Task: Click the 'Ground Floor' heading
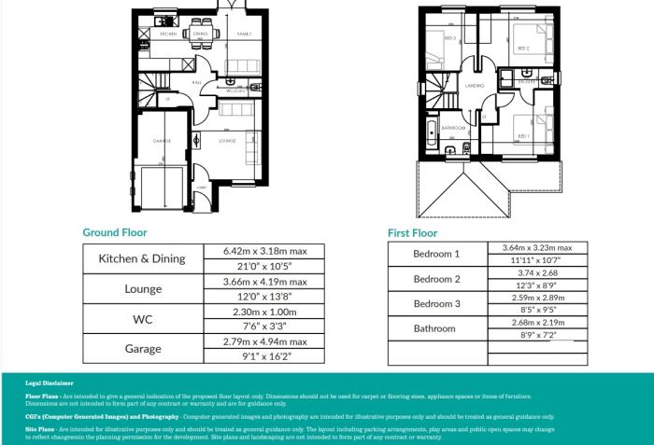114,232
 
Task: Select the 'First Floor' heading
412,232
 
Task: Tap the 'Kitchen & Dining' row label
143,258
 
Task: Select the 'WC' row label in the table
143,318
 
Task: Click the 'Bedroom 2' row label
437,279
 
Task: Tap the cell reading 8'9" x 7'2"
537,333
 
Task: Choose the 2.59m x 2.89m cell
537,297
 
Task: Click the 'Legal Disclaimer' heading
43,382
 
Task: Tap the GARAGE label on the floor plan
162,141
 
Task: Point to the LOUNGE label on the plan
226,141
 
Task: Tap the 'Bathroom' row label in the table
437,328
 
